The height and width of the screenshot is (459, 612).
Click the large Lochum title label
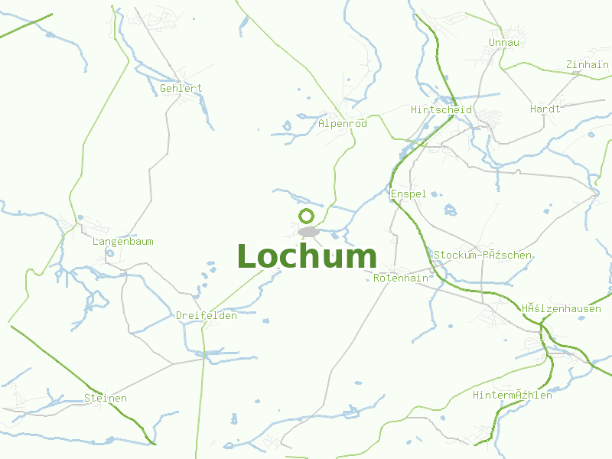coord(307,256)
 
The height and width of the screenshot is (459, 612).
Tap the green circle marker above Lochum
coord(307,216)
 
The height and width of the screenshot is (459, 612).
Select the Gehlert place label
coord(181,88)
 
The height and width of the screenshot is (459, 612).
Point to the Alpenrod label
coord(343,123)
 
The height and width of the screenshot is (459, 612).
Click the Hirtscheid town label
coord(441,109)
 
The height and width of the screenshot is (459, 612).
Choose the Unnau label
coord(503,42)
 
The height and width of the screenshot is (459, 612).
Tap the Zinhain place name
coord(587,65)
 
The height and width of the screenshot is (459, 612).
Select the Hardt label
coord(545,109)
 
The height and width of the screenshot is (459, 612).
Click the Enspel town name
coord(409,194)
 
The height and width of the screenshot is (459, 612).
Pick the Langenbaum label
coord(122,241)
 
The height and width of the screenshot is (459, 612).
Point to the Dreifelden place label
coord(207,315)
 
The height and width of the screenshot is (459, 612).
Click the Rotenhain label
coord(401,278)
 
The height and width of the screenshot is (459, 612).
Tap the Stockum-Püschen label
coord(483,255)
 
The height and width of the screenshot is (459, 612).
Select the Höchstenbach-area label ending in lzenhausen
coord(562,308)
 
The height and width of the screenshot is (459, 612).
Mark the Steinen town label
coord(106,398)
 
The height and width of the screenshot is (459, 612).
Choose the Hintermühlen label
coord(513,395)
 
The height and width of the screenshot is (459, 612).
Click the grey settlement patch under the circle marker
coord(308,231)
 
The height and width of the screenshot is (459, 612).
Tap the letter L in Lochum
coord(246,256)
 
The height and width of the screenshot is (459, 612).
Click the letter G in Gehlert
coord(164,88)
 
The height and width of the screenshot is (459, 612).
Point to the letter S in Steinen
coord(87,398)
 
